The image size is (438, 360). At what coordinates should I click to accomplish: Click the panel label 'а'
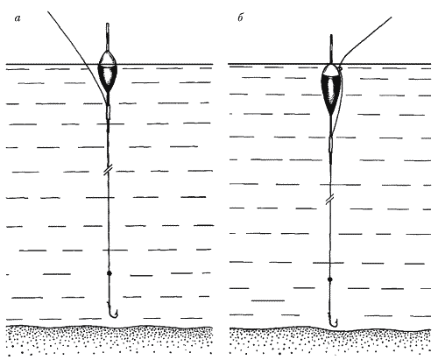click(x=18, y=18)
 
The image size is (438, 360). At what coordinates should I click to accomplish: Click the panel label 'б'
click(x=240, y=18)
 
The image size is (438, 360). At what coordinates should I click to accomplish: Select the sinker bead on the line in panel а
click(x=109, y=273)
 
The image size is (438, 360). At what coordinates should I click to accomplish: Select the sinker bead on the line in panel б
click(x=330, y=279)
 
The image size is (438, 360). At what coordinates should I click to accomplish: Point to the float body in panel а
click(x=109, y=71)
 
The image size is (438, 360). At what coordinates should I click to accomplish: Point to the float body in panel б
click(x=331, y=89)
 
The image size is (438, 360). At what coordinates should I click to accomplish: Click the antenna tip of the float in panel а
click(x=108, y=24)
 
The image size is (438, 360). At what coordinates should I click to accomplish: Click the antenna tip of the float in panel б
click(x=331, y=36)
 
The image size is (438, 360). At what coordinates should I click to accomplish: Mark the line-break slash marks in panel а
click(x=108, y=170)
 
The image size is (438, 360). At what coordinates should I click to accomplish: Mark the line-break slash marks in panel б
click(x=330, y=200)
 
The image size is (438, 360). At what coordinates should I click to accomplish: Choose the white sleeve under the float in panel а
click(x=109, y=111)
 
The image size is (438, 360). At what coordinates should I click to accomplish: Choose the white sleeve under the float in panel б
click(x=331, y=145)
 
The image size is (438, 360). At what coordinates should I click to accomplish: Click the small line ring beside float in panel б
click(x=341, y=68)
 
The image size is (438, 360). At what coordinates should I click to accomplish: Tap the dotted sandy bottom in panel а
click(x=109, y=341)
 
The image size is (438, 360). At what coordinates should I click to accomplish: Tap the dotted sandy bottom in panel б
click(x=330, y=342)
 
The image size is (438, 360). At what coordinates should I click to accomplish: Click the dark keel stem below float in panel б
click(x=331, y=126)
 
